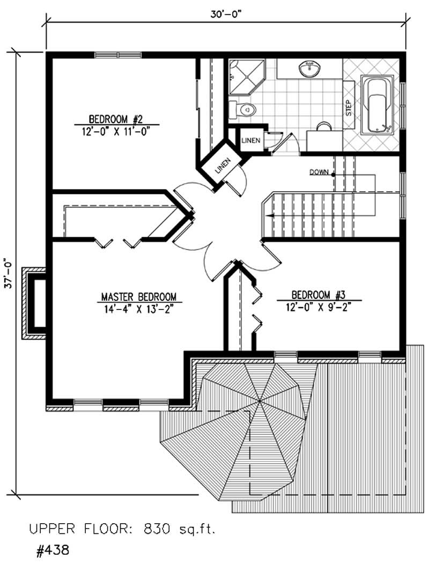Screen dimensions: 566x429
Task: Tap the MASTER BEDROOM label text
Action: [139, 297]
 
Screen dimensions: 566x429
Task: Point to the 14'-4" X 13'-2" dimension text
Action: [139, 308]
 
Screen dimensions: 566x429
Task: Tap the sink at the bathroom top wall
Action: [309, 70]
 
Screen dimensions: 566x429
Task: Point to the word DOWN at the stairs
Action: [319, 172]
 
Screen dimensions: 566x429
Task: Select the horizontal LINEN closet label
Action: [251, 140]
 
